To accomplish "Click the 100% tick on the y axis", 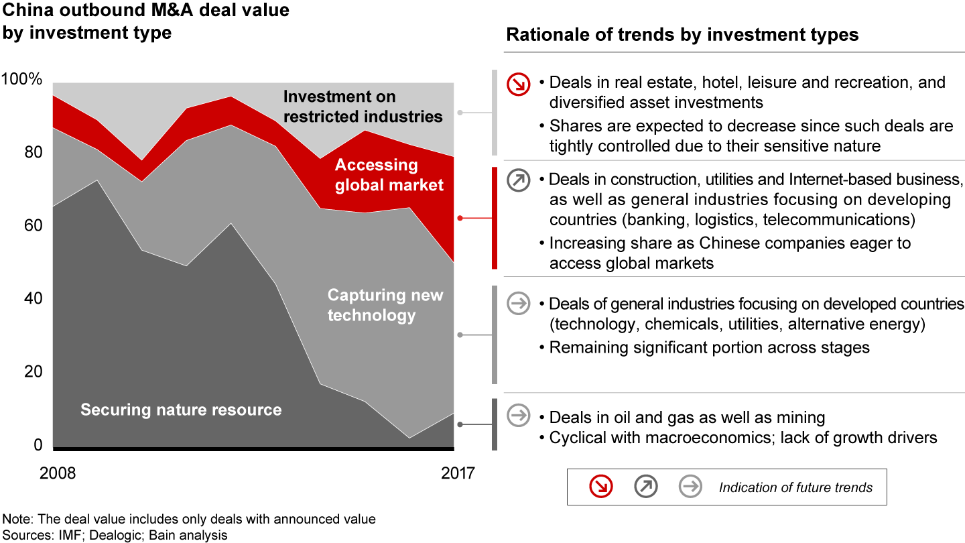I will coord(23,80).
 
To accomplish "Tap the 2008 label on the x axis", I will coord(58,473).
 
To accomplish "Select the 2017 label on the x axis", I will coord(458,473).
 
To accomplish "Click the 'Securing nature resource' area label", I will coord(181,410).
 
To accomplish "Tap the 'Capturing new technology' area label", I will coord(385,305).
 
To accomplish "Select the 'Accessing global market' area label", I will coord(389,174).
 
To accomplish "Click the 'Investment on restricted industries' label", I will coord(363,107).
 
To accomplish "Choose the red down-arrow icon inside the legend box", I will coord(601,487).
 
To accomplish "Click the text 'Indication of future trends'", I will coord(795,487).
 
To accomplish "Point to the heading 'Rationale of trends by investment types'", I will coord(682,35).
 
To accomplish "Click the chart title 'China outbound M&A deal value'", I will coord(146,11).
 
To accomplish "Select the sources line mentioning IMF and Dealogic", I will coord(115,535).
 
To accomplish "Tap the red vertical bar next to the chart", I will coord(495,218).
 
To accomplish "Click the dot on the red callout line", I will coord(460,219).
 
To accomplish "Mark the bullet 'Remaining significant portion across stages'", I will coord(709,347).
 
